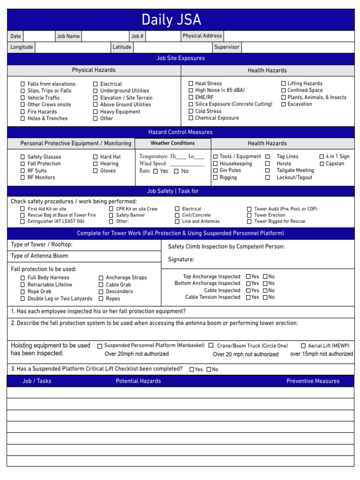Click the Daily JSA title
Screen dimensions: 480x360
(x=171, y=20)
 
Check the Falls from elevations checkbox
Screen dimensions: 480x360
(x=22, y=84)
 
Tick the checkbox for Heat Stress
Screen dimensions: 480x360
(x=191, y=83)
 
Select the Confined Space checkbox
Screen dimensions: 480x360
(x=284, y=90)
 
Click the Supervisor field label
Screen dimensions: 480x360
(x=226, y=47)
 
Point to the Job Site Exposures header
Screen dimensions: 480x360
(x=180, y=59)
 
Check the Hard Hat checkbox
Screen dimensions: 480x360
(x=95, y=157)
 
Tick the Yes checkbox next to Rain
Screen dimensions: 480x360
(x=155, y=172)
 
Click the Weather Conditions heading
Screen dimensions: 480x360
(x=172, y=143)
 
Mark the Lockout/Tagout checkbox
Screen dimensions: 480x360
(x=268, y=178)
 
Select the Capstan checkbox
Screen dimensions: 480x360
(x=322, y=164)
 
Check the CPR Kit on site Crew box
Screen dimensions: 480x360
(x=111, y=209)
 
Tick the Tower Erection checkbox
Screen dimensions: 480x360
(x=249, y=215)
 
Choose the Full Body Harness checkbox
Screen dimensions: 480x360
(x=22, y=278)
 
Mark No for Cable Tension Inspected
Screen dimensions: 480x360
(x=265, y=297)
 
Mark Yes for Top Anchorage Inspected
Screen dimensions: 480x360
(x=248, y=277)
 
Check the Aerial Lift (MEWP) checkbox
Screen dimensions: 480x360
(x=303, y=346)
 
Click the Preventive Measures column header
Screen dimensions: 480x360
(x=313, y=381)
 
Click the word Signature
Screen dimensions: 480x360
(x=181, y=260)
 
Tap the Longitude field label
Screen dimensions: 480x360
(x=22, y=47)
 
